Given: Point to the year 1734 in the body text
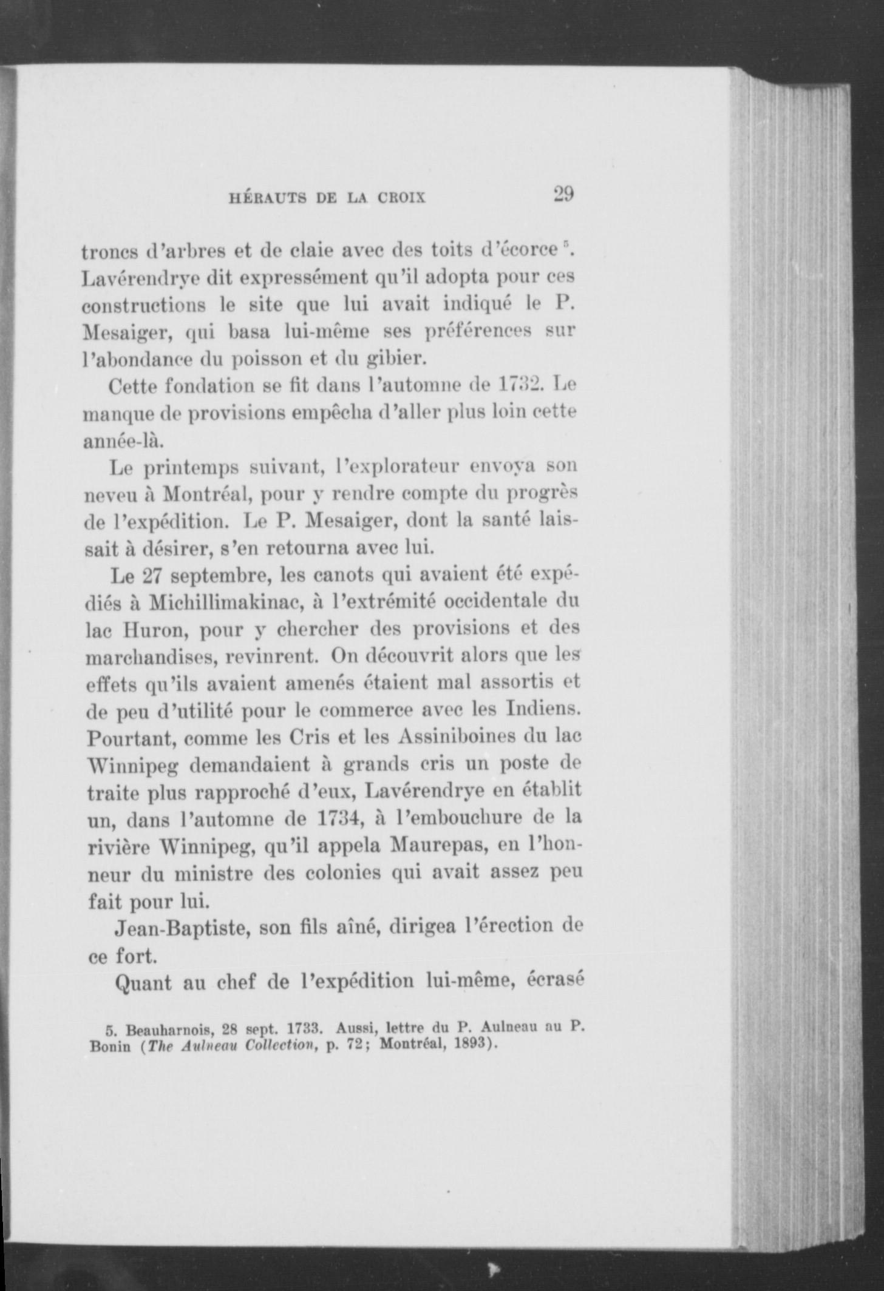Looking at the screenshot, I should [x=341, y=817].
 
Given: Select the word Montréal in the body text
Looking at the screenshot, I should [x=203, y=494].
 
